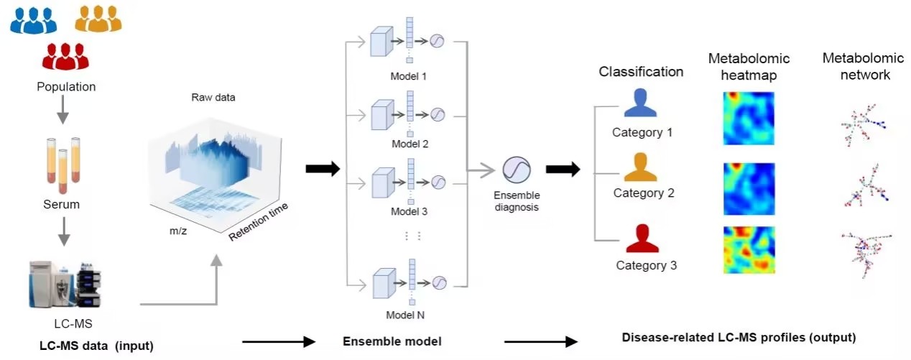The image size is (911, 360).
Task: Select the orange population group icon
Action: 98,17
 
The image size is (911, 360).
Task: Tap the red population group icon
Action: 65,56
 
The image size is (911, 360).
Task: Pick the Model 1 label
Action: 410,75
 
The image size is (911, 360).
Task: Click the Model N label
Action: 410,313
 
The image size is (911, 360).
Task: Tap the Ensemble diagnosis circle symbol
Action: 516,170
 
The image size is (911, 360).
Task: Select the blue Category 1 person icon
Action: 640,104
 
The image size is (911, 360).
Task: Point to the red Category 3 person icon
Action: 642,239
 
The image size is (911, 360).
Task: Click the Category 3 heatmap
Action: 747,249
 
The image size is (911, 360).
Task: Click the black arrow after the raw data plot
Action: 322,169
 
